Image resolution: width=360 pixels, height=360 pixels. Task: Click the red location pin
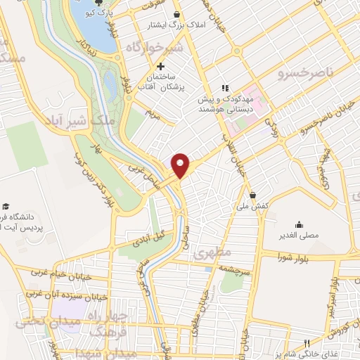tap(181, 165)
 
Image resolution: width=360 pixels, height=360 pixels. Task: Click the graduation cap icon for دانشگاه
tap(6, 207)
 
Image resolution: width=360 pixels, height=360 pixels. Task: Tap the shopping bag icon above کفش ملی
tap(252, 195)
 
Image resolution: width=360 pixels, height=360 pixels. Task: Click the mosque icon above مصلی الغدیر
tap(300, 226)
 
